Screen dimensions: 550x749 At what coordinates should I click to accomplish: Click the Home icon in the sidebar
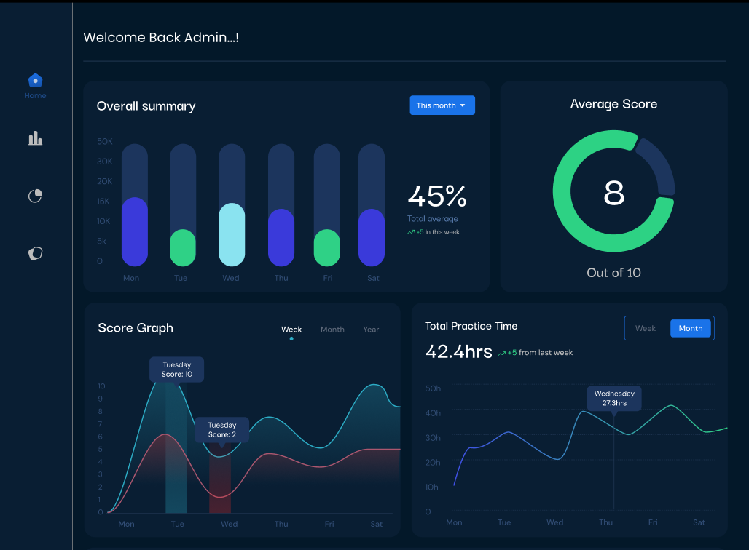pos(35,81)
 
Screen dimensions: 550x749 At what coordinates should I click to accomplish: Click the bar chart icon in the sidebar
pos(35,138)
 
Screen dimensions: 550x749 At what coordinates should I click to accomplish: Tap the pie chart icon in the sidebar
pos(35,196)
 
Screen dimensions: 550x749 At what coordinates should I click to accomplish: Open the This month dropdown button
pos(442,105)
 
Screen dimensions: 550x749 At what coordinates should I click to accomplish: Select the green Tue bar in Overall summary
pos(183,248)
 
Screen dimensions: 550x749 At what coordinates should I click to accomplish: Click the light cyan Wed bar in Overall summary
pos(232,234)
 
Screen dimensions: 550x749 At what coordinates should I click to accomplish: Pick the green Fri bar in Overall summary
pos(327,248)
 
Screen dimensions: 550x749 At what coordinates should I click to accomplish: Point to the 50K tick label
pos(105,141)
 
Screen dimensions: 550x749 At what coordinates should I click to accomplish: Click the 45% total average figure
pos(436,196)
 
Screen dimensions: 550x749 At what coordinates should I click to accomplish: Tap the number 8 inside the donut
pos(614,193)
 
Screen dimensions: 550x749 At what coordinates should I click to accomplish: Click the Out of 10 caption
pos(614,273)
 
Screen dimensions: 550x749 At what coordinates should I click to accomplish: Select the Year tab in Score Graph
pos(371,330)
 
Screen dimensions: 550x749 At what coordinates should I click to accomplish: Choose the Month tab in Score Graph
pos(332,330)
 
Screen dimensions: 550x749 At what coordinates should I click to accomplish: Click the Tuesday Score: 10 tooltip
pos(177,370)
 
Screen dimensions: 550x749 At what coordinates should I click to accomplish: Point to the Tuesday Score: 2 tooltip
pos(222,430)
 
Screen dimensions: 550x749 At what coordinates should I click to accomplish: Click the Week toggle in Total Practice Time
pos(646,328)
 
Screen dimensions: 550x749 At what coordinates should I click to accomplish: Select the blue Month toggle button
pos(691,328)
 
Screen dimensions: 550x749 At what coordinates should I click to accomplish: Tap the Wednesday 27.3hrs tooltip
pos(614,398)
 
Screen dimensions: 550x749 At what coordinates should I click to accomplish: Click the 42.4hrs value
pos(458,352)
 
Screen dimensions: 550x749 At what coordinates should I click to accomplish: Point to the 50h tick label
pos(433,388)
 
